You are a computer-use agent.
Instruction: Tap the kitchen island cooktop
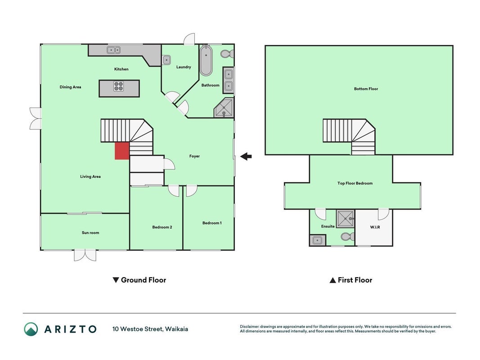pyautogui.click(x=119, y=86)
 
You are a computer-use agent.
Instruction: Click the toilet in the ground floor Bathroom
pyautogui.click(x=227, y=54)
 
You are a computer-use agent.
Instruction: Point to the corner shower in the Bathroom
pyautogui.click(x=224, y=108)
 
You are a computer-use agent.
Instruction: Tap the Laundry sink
pyautogui.click(x=166, y=60)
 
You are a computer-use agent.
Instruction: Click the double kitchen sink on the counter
pyautogui.click(x=113, y=50)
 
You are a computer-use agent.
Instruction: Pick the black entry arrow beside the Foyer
pyautogui.click(x=246, y=157)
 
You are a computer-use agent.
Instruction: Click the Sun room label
pyautogui.click(x=90, y=233)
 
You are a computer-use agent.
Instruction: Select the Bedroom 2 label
pyautogui.click(x=162, y=227)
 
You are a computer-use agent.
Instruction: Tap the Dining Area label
pyautogui.click(x=71, y=87)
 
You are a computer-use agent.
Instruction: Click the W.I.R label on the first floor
pyautogui.click(x=375, y=227)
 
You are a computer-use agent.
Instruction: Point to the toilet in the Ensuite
pyautogui.click(x=348, y=237)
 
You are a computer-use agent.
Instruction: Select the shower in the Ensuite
pyautogui.click(x=345, y=219)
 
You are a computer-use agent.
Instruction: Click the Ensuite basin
pyautogui.click(x=317, y=240)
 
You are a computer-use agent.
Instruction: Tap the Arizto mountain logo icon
pyautogui.click(x=31, y=329)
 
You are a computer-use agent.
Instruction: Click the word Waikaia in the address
pyautogui.click(x=176, y=329)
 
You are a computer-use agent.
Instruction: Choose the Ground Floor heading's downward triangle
pyautogui.click(x=116, y=280)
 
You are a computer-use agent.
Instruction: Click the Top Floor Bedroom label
pyautogui.click(x=355, y=183)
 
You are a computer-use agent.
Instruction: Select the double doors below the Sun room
pyautogui.click(x=85, y=255)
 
